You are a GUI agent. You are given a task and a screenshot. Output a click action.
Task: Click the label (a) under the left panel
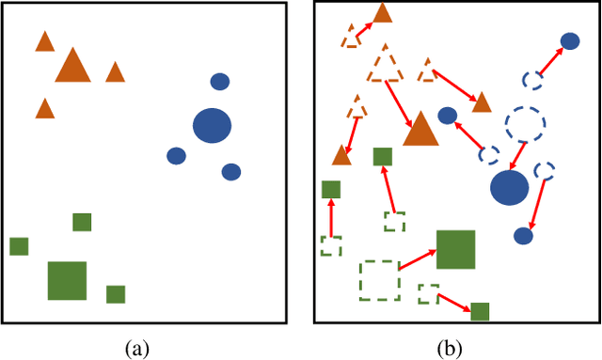137,349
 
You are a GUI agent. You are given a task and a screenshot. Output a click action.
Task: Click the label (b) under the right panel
451,349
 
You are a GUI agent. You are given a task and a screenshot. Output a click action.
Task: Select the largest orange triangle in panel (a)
72,67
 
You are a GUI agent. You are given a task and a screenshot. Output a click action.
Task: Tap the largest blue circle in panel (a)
212,126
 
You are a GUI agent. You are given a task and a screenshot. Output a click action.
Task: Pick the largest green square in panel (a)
67,280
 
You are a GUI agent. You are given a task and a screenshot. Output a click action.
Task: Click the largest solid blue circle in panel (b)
509,187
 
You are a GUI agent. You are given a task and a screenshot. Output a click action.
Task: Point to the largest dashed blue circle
524,123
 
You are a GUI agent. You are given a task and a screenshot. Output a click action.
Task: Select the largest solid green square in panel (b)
455,249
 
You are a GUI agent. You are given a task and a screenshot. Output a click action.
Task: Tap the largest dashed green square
379,280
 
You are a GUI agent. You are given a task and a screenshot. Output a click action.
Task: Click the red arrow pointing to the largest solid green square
418,259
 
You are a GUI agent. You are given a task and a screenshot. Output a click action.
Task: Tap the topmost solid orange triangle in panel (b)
382,13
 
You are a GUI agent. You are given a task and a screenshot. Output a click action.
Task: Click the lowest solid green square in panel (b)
480,311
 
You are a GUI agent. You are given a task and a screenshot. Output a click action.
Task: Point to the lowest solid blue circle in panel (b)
523,235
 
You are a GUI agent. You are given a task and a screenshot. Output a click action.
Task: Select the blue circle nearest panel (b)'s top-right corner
570,40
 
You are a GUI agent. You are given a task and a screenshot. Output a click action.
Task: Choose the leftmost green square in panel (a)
19,246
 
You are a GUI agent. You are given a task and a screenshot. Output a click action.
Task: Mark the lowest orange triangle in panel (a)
44,109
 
